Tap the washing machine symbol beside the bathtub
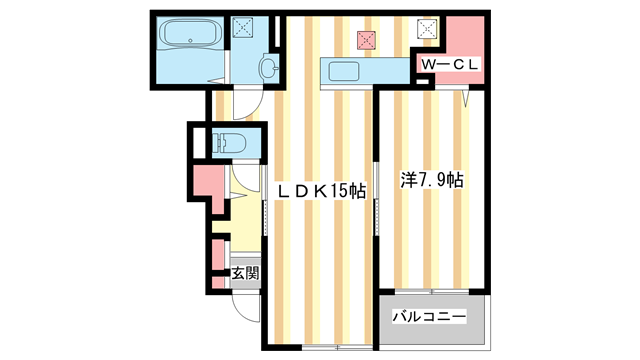[x=243, y=29]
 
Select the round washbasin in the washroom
[x=267, y=68]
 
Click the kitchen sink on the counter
[x=342, y=73]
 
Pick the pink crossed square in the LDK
[x=367, y=40]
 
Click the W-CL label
[x=450, y=64]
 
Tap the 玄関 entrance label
[x=245, y=272]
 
